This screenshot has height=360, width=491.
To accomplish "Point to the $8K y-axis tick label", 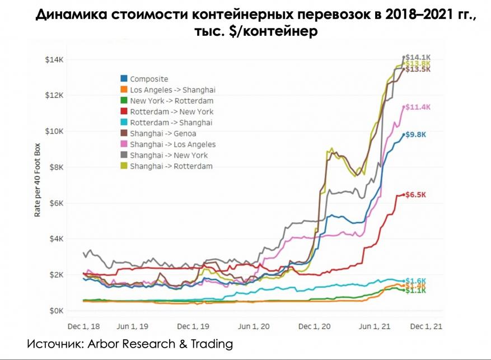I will [57, 167].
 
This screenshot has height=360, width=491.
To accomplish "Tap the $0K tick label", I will [57, 310].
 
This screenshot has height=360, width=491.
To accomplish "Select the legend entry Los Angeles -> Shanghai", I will [172, 90].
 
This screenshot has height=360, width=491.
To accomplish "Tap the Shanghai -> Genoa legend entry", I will [162, 133].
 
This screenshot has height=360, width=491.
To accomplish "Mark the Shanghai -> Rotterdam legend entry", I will [171, 166].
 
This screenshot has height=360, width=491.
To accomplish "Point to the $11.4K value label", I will [419, 107].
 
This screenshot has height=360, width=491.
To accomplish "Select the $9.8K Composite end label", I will [417, 134].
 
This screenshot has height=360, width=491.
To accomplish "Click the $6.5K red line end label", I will [417, 195].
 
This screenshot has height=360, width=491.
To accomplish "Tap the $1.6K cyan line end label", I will [416, 280].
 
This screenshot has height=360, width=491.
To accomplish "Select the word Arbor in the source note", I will [105, 343].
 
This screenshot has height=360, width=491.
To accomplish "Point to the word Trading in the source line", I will [209, 343].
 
